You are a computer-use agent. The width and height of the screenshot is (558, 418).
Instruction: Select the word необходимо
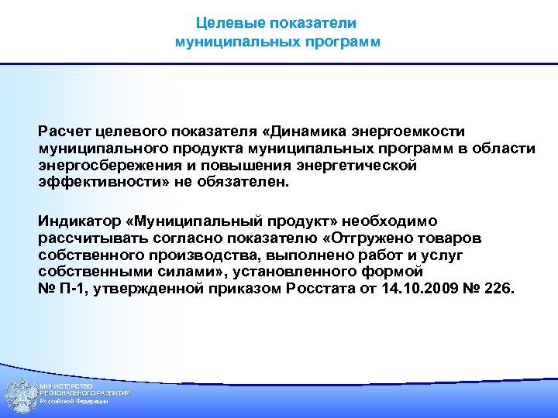396,220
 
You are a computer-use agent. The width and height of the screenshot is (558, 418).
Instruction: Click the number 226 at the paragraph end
496,290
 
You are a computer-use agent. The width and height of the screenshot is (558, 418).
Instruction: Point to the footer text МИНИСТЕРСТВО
67,386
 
